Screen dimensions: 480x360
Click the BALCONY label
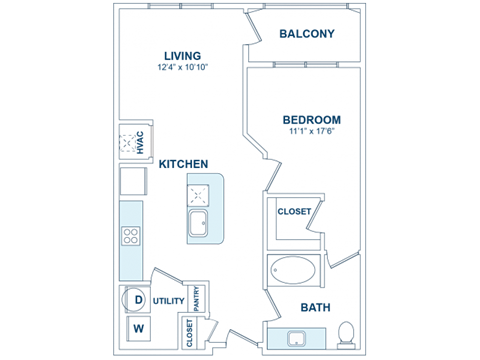coord(306,34)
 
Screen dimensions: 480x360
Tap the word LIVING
coord(183,56)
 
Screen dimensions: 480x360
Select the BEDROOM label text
coord(312,119)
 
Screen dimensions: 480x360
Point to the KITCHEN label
coord(184,163)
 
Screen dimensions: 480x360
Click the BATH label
coord(316,307)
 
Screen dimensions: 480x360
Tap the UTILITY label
coord(169,300)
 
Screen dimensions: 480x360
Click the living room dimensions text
coord(183,68)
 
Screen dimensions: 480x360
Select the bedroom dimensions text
coord(312,130)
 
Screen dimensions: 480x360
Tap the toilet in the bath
coord(346,332)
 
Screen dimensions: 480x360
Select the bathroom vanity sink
coord(297,338)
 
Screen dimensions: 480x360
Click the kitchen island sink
coord(200,222)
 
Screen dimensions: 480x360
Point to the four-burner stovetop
coord(131,236)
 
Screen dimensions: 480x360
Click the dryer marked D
coord(138,299)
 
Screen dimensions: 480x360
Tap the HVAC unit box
coord(133,141)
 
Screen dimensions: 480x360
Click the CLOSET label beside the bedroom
coord(293,212)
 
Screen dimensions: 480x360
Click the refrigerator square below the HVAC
coord(133,181)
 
